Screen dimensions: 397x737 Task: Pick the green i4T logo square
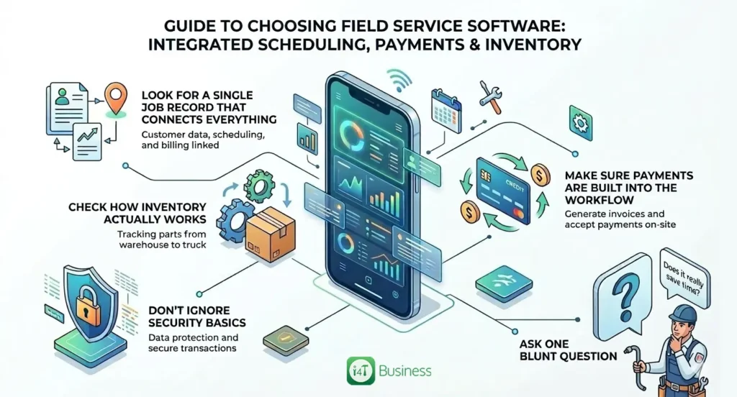tap(358, 370)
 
